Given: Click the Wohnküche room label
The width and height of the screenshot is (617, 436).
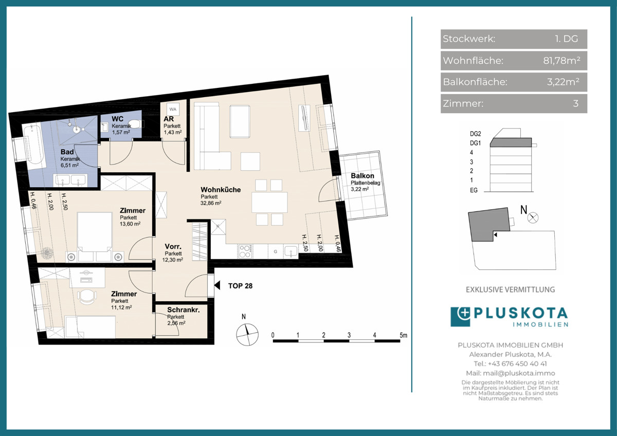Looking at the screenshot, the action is [221, 190].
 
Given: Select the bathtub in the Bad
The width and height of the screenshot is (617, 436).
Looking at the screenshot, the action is [33, 145].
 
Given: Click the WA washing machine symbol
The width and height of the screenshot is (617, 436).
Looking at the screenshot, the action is [173, 109].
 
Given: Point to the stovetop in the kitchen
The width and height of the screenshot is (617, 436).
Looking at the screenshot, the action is [245, 251].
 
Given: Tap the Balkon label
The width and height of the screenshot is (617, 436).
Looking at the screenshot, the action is [362, 176].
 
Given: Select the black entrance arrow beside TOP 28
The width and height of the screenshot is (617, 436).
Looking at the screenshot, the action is [217, 286].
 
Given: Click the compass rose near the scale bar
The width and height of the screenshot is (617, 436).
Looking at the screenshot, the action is [247, 334].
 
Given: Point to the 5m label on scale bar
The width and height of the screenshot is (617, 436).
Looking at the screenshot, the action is [403, 335].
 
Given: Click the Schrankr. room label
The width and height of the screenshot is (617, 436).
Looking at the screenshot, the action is [184, 310].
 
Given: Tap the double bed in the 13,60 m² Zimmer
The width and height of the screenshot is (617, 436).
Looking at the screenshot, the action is [95, 232].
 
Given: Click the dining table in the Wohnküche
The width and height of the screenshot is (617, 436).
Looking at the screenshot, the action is [269, 203].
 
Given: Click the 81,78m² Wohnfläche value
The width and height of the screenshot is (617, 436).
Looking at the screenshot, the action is [561, 60].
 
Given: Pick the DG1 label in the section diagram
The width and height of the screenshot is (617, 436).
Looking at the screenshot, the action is [476, 143].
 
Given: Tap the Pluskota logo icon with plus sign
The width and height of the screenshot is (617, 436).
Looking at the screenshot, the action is [460, 317].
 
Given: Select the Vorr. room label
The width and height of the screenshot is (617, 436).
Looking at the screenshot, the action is [173, 246].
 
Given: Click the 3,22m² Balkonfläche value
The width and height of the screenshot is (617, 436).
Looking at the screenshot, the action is [563, 82].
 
